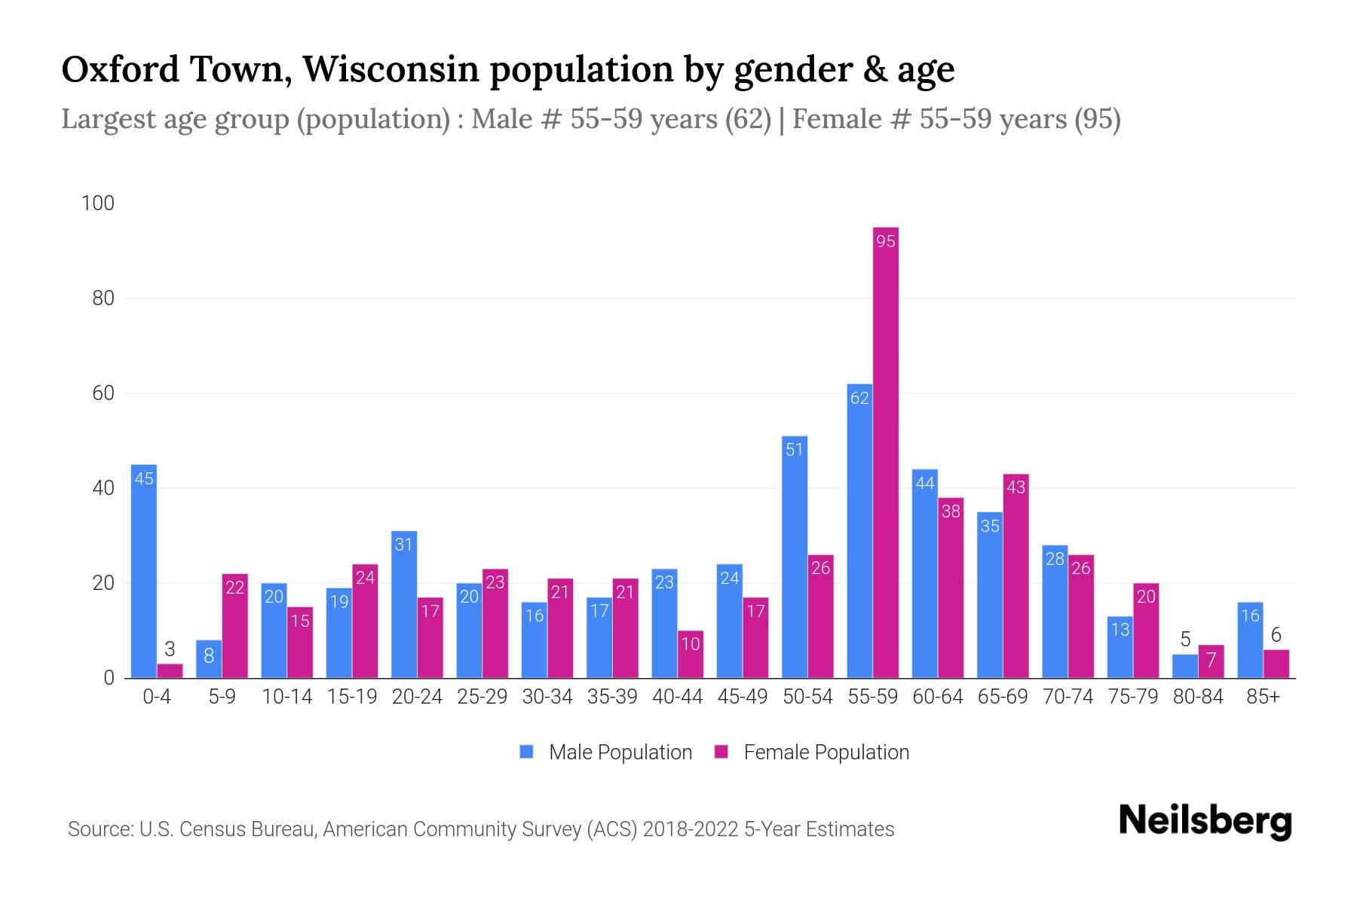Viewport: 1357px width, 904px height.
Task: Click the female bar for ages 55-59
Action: [x=886, y=452]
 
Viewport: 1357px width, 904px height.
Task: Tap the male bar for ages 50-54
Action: [x=795, y=557]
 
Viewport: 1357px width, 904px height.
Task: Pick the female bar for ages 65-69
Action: [x=1015, y=576]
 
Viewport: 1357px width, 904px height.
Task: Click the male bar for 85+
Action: [x=1250, y=640]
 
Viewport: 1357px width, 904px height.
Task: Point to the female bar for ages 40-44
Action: [x=691, y=655]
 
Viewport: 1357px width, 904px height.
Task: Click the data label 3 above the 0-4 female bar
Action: [x=170, y=649]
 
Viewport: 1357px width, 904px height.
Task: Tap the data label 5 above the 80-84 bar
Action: [x=1185, y=640]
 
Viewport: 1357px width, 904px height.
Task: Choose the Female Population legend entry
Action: [x=812, y=753]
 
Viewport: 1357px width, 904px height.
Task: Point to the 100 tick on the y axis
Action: [x=98, y=203]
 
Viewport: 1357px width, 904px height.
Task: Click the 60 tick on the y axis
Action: [x=103, y=393]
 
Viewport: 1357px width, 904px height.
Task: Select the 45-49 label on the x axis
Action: [x=742, y=697]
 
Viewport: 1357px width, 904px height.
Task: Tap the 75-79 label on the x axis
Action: [x=1132, y=697]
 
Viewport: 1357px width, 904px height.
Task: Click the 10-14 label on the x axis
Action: [x=286, y=697]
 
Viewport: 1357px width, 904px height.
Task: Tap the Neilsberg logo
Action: [x=1205, y=820]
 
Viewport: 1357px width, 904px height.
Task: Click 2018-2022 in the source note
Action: [x=691, y=829]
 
